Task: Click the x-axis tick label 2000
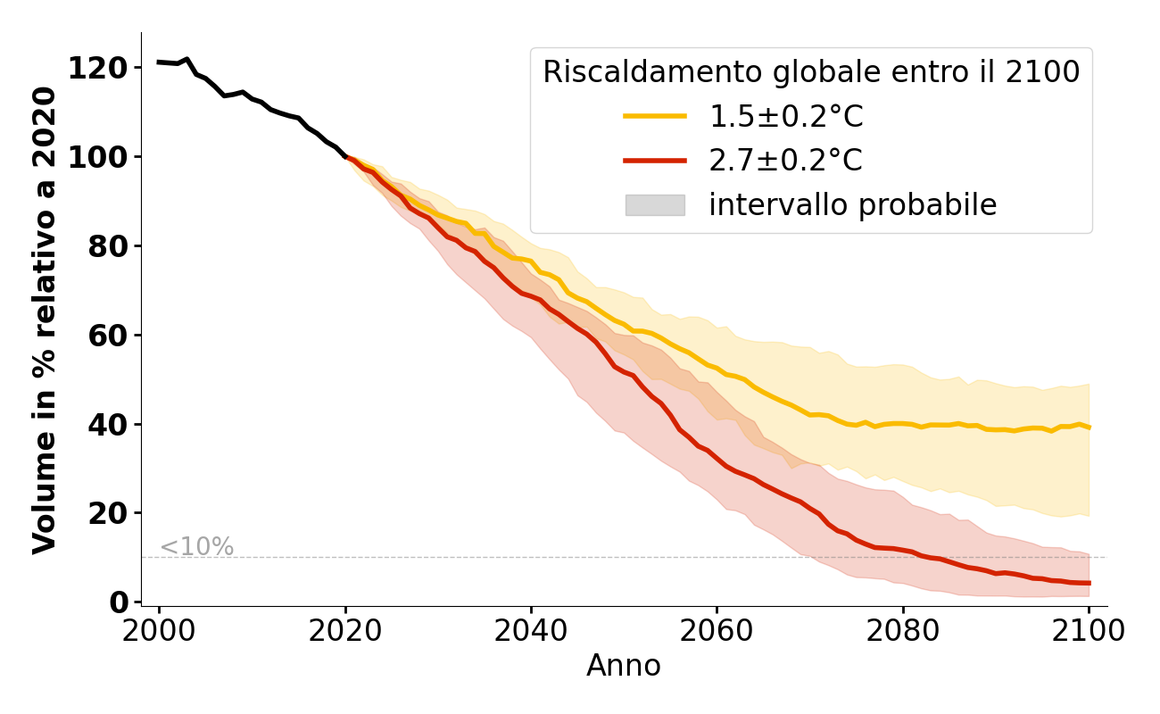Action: [x=159, y=630]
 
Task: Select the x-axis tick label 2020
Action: [x=344, y=630]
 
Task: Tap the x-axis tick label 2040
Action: [x=531, y=630]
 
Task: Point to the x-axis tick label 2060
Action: [x=717, y=630]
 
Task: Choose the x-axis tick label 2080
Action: [x=903, y=630]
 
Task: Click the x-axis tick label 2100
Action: [x=1089, y=630]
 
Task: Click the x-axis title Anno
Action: [x=624, y=666]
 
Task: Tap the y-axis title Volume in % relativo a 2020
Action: [x=45, y=320]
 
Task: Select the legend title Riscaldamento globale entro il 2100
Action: [x=811, y=72]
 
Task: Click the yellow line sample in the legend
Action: [x=655, y=116]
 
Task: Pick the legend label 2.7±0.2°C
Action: [x=785, y=161]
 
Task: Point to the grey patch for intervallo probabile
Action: [x=655, y=205]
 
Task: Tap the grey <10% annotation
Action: [x=196, y=547]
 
